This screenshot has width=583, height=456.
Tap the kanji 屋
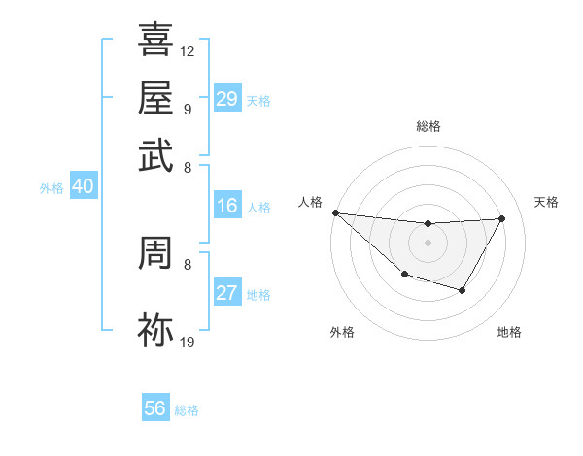156,99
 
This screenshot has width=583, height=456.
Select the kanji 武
156,154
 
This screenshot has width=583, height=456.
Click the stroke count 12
188,50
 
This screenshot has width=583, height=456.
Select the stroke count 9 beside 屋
187,109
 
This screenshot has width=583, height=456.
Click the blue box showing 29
226,99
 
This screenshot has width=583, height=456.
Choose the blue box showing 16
226,206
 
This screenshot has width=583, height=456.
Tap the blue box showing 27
226,294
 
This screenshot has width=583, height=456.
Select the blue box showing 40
83,187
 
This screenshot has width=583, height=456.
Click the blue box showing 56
154,408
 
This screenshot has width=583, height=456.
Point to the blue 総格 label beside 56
187,410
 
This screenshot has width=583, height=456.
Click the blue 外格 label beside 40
51,188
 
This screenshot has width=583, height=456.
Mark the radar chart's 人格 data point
335,212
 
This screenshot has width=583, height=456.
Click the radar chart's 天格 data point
501,219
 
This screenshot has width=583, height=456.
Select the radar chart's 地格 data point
463,290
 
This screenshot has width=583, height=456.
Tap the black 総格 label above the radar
428,126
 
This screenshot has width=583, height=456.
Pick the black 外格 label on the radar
342,333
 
